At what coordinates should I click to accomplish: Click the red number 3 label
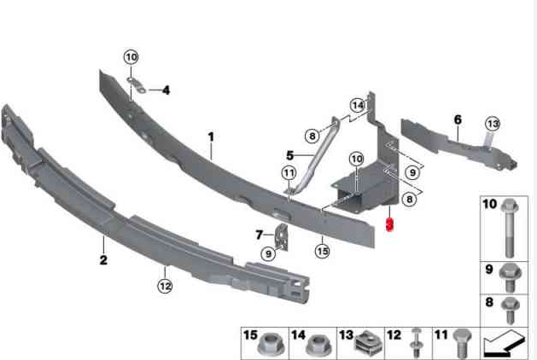point(390,224)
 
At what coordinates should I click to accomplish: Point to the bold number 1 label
point(211,136)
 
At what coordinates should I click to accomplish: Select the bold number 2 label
point(103,260)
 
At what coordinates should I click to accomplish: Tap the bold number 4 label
point(166,90)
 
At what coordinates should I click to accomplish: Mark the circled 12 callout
point(165,286)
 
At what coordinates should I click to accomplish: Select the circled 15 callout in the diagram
point(322,251)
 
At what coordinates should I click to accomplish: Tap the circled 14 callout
point(358,105)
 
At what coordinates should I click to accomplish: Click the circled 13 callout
point(493,124)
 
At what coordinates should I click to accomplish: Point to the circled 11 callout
point(289,173)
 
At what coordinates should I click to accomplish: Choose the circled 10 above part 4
point(131,57)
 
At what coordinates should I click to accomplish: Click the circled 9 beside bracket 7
point(268,254)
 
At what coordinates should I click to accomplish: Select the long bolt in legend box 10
point(510,229)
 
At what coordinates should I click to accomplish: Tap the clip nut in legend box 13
point(369,343)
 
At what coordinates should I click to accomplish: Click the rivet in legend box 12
point(416,343)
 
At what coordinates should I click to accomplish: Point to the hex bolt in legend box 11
point(462,343)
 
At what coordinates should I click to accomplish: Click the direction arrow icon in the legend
point(504,344)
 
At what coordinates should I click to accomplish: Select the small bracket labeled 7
point(283,236)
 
